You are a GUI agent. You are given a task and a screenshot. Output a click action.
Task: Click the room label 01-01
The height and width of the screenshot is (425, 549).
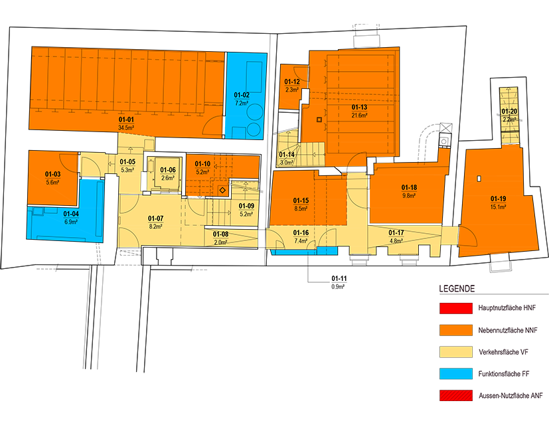pyautogui.click(x=126, y=120)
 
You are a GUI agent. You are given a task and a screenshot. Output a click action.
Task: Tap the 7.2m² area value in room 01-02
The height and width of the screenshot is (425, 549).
pyautogui.click(x=242, y=103)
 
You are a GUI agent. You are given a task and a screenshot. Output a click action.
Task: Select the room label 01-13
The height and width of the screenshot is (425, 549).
pyautogui.click(x=359, y=108)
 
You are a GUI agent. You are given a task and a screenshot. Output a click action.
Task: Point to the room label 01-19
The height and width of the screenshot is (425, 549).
pyautogui.click(x=498, y=199)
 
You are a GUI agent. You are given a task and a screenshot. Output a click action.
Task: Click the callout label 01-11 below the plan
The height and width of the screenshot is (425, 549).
pyautogui.click(x=339, y=278)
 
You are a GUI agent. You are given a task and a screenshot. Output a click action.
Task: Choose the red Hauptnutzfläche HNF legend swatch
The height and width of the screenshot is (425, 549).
pyautogui.click(x=456, y=308)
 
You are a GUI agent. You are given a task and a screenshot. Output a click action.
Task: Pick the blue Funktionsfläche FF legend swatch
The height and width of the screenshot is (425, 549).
pyautogui.click(x=456, y=374)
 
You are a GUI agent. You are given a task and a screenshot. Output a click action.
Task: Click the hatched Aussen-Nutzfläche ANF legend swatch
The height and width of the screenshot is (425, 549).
pyautogui.click(x=456, y=396)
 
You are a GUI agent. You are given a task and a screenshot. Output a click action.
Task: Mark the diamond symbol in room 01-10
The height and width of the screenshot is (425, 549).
pyautogui.click(x=222, y=190)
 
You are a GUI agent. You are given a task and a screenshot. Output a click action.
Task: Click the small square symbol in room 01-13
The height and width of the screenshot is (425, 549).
pyautogui.click(x=319, y=120)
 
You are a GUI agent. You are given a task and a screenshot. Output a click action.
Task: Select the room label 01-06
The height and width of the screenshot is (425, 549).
pyautogui.click(x=168, y=170)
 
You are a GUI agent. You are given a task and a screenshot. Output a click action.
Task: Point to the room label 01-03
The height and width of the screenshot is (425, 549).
pyautogui.click(x=52, y=175)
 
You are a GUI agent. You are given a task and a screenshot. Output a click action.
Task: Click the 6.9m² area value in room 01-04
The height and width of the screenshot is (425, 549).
pyautogui.click(x=71, y=222)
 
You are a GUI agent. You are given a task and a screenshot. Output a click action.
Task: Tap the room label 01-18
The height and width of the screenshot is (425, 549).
pyautogui.click(x=409, y=188)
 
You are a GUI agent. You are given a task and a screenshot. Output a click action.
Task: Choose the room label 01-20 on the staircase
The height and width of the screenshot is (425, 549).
pyautogui.click(x=509, y=112)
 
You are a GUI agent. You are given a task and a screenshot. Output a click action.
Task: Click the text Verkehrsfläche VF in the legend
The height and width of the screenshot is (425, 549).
pyautogui.click(x=503, y=352)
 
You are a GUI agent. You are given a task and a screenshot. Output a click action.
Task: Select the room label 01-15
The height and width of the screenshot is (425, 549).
pyautogui.click(x=301, y=201)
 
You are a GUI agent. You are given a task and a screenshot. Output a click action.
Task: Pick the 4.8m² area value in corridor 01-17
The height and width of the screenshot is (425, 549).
pyautogui.click(x=396, y=240)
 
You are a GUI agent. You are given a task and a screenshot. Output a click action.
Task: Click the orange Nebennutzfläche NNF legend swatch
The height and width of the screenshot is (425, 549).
pyautogui.click(x=456, y=330)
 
